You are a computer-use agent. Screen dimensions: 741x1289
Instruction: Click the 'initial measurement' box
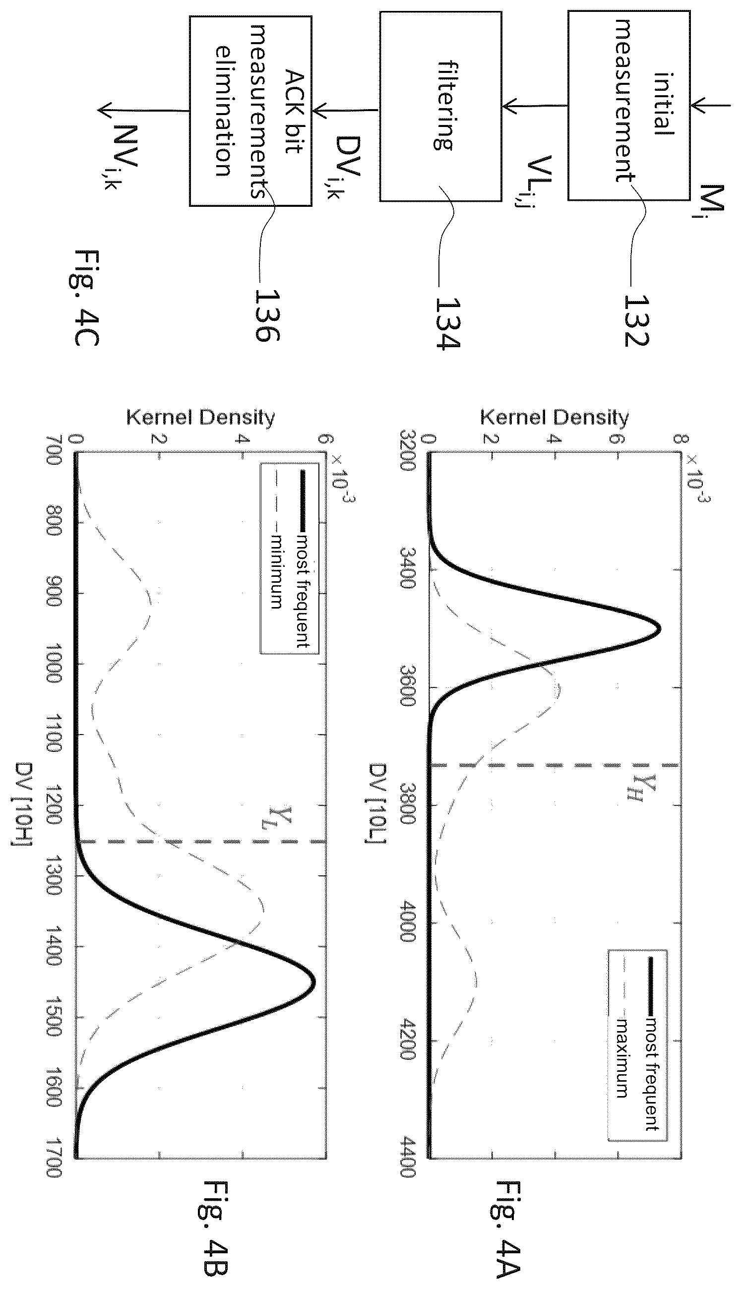coord(629,105)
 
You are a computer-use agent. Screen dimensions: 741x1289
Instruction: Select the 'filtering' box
coord(440,106)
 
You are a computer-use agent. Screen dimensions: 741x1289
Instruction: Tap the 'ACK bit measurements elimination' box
coord(250,111)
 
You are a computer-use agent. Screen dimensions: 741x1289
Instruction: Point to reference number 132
coord(637,320)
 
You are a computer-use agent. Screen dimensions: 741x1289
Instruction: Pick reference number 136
coord(267,315)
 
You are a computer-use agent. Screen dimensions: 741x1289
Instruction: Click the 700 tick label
coord(54,450)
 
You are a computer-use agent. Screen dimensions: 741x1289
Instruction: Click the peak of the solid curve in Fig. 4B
coord(314,982)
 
